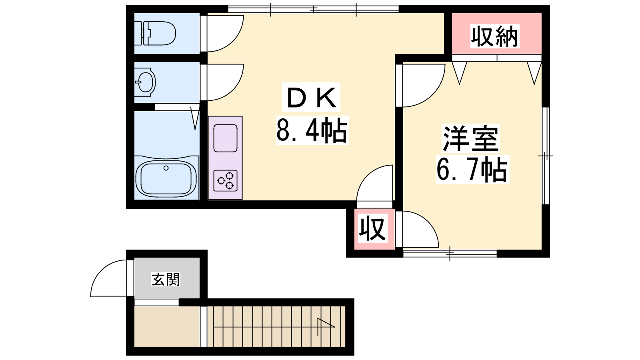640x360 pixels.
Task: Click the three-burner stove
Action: pos(226,180)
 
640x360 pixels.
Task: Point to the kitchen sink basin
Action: pos(226,138)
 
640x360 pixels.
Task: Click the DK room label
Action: pos(311,97)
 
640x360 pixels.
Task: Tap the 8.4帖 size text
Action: pos(312,130)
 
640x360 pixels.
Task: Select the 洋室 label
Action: pos(471,138)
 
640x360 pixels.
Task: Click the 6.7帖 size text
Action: pos(472,169)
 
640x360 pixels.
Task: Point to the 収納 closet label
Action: pos(494,36)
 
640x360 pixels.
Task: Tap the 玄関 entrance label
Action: pos(166,279)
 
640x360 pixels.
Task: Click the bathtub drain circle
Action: pos(166,168)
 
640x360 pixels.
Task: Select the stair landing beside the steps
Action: pos(167,327)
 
